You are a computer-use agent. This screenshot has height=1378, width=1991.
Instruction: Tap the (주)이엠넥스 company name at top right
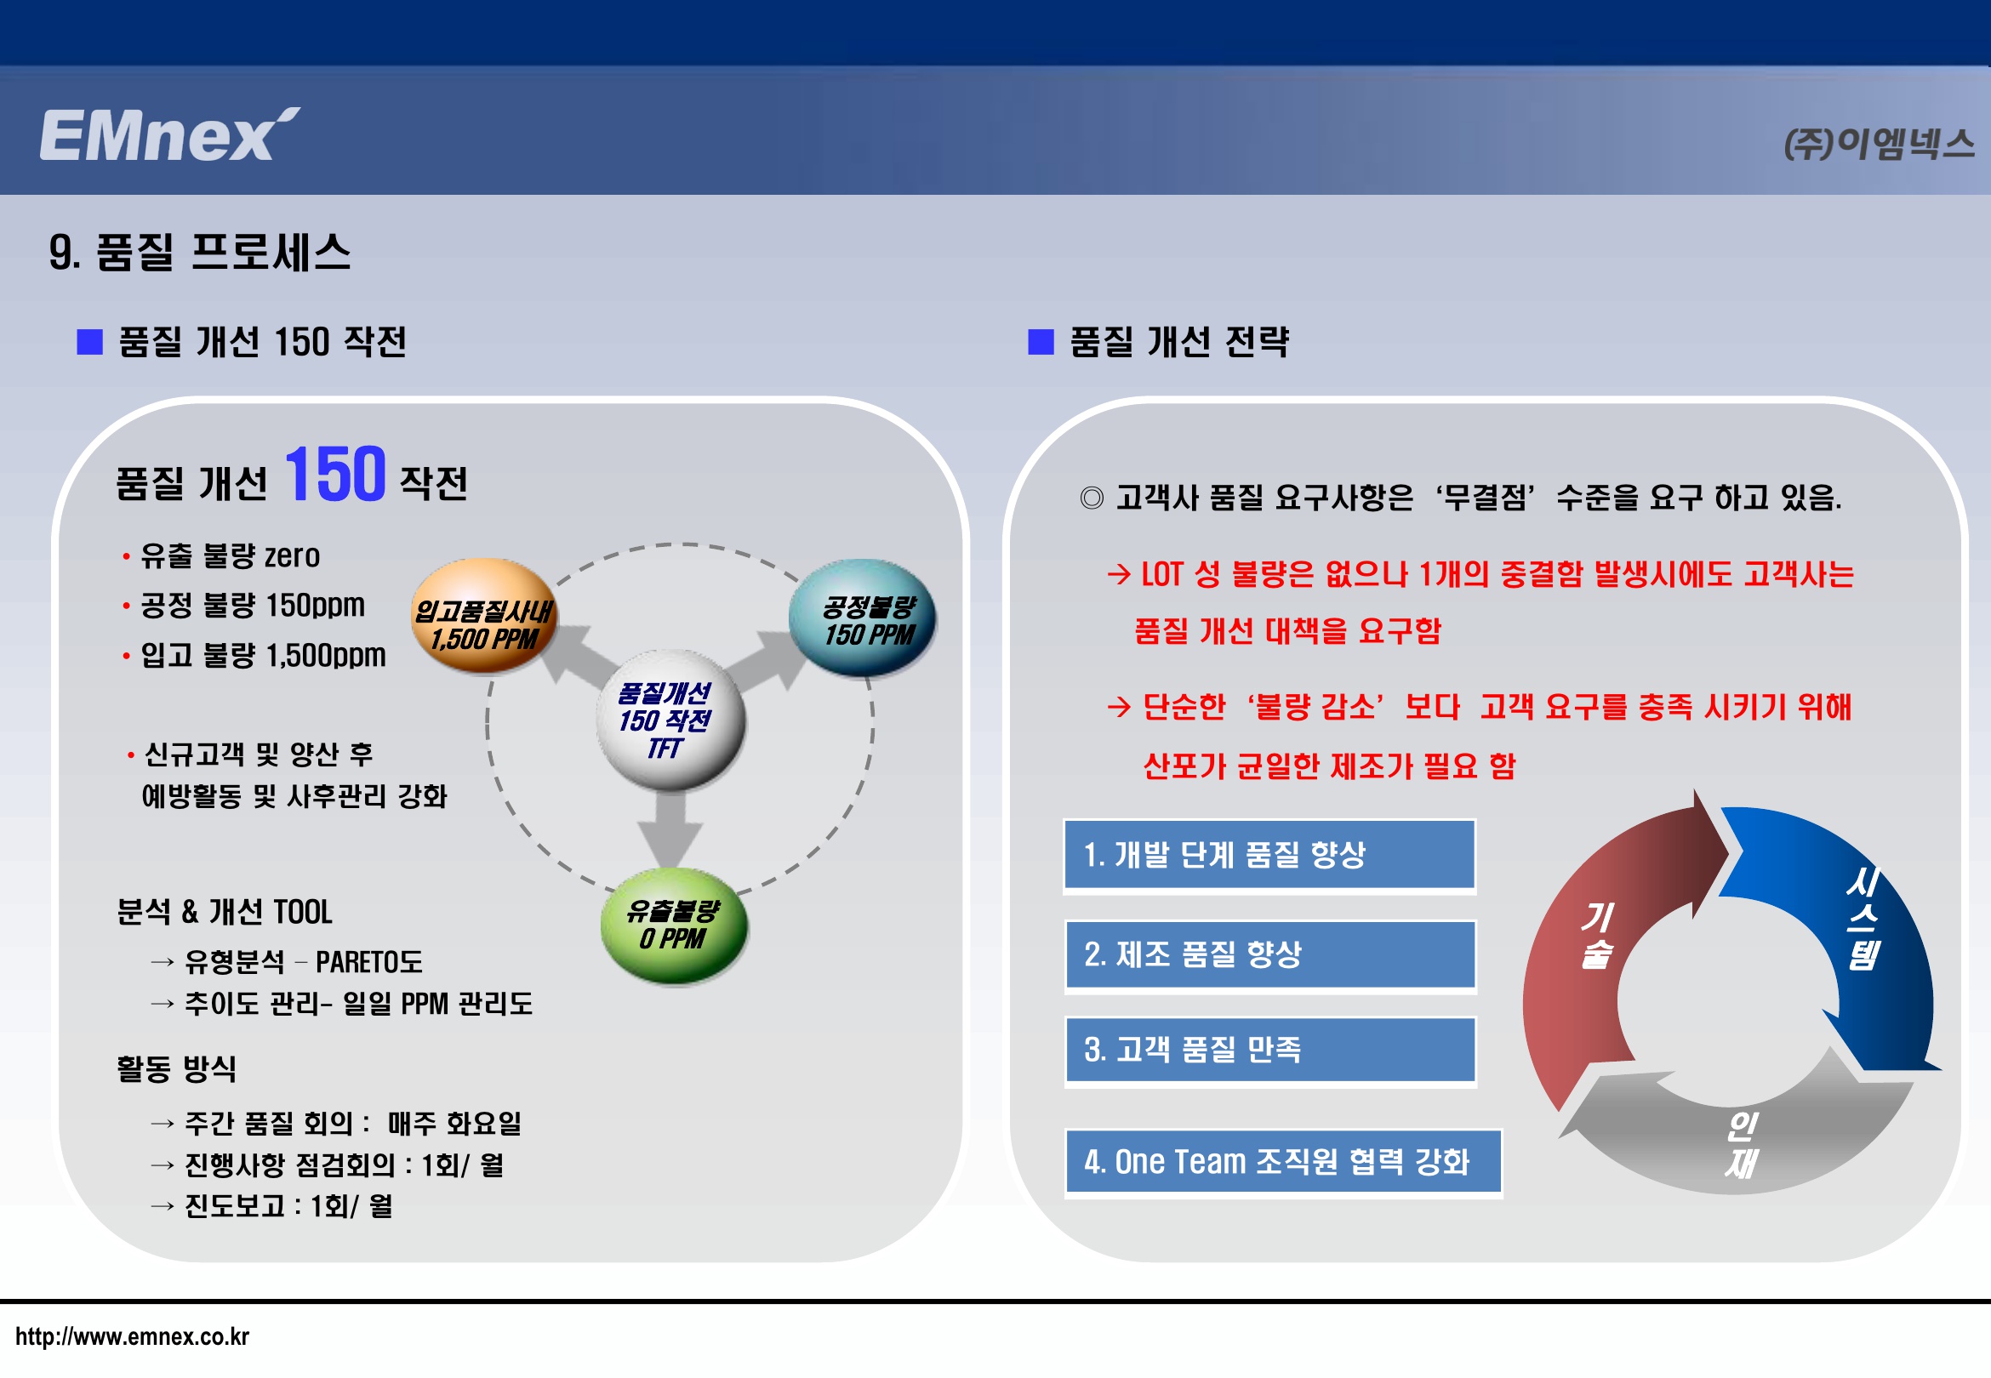[x=1879, y=143]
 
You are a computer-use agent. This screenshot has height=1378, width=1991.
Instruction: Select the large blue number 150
[x=335, y=474]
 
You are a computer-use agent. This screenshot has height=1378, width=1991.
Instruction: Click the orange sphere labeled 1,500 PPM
[x=484, y=616]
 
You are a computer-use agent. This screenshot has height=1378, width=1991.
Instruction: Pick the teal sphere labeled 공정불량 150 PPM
[x=863, y=617]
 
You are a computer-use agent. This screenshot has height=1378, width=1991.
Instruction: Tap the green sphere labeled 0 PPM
[x=675, y=925]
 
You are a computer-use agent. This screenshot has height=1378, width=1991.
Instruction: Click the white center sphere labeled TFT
[x=670, y=720]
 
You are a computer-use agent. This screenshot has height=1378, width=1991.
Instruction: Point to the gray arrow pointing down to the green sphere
[x=670, y=830]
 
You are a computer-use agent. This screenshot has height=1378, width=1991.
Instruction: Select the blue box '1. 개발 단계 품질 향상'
[x=1269, y=855]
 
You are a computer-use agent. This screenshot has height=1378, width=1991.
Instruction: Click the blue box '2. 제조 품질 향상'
[x=1270, y=955]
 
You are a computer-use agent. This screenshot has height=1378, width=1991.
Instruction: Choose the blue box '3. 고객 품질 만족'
[x=1270, y=1050]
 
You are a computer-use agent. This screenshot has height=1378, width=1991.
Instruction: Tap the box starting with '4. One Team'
[x=1283, y=1162]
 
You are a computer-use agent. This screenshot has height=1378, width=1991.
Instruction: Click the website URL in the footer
[x=132, y=1337]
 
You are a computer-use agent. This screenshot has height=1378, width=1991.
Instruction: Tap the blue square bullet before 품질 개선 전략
[x=1041, y=342]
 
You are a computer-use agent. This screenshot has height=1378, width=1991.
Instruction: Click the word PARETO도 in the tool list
[x=368, y=962]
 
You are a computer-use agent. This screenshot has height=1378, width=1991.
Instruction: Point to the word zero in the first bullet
[x=292, y=556]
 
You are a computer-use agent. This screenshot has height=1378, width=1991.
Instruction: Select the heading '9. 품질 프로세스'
[x=199, y=252]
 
